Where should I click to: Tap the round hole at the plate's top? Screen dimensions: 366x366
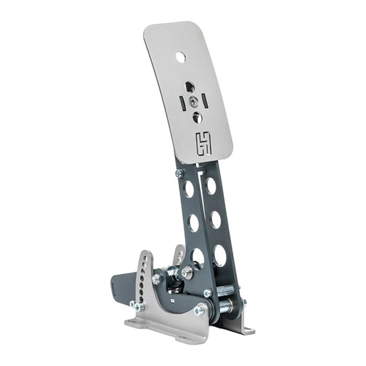tap(182, 57)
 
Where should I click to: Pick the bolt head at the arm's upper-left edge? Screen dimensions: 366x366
tap(178, 174)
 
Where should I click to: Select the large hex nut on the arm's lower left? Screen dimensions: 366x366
tap(182, 274)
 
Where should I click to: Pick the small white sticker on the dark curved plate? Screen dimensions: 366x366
tap(174, 298)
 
